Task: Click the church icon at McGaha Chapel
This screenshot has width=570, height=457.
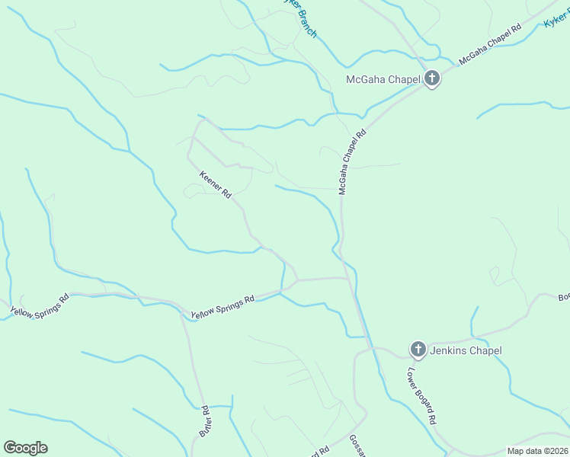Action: coord(432,78)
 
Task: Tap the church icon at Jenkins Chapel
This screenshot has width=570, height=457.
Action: coord(418,350)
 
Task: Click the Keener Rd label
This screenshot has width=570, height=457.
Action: coord(215,184)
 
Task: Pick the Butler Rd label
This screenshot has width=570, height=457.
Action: coord(205,420)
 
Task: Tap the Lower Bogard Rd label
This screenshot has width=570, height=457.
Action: coord(421,396)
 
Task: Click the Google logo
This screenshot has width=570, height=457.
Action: coord(25,448)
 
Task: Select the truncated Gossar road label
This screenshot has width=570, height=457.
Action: coord(357,446)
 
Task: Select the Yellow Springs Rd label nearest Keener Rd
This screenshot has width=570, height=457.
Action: coord(222,308)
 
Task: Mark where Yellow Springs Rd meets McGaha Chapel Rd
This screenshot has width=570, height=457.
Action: coord(351,278)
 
